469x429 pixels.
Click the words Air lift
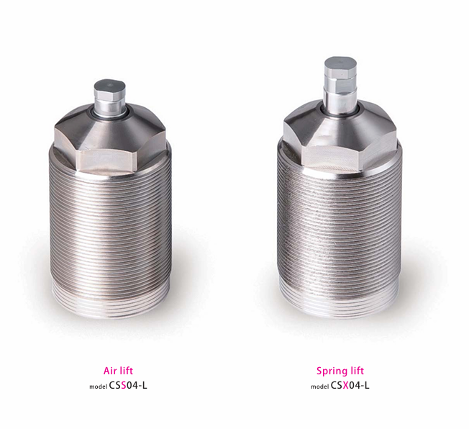click(118, 371)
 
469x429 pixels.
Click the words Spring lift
click(340, 371)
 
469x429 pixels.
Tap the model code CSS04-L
click(128, 385)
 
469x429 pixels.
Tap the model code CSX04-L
click(350, 385)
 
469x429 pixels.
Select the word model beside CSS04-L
click(98, 387)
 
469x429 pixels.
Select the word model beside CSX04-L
click(320, 387)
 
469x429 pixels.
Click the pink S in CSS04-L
click(124, 385)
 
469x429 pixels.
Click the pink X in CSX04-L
click(345, 385)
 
